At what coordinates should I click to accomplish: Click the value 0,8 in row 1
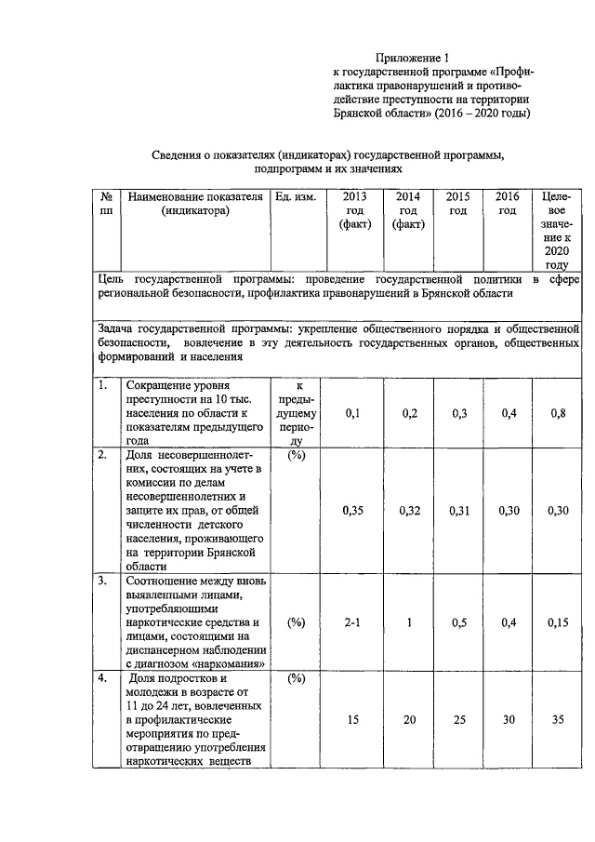click(557, 413)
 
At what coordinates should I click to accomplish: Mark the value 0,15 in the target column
click(557, 622)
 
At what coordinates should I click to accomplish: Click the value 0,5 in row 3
click(458, 622)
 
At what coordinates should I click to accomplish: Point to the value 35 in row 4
click(557, 720)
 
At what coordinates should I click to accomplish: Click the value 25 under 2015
click(458, 720)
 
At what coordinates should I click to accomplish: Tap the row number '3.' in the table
click(104, 581)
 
